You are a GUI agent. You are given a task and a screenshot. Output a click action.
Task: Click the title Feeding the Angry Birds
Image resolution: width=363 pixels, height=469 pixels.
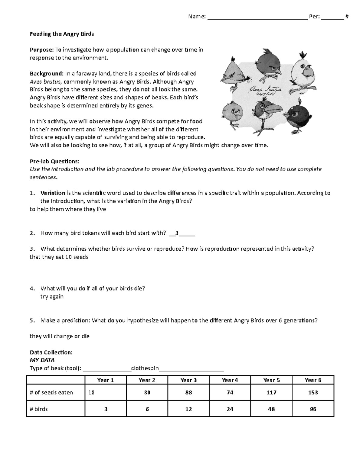coord(62,34)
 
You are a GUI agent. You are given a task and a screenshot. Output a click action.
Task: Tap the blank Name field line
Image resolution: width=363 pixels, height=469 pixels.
coord(257,17)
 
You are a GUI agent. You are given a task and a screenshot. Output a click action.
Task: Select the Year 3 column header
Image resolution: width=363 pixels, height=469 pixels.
coord(188,380)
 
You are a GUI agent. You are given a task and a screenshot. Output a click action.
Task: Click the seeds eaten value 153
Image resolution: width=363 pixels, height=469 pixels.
coord(313,393)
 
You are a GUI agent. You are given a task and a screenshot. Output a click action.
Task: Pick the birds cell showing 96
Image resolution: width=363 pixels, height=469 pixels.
coord(313,409)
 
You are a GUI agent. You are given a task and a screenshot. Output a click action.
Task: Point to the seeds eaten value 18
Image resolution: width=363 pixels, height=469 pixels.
coord(91,393)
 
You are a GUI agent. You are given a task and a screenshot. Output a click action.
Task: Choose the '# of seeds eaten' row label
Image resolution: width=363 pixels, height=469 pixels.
coord(51,393)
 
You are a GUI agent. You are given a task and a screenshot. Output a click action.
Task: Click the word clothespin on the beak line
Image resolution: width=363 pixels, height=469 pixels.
coord(145,368)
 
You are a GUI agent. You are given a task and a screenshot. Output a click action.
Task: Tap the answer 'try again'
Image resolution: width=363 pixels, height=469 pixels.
coord(52,297)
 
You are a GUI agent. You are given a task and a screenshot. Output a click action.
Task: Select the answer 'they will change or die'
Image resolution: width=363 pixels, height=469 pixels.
coord(60,336)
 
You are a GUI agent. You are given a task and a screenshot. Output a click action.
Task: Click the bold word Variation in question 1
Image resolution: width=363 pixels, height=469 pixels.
coord(53,193)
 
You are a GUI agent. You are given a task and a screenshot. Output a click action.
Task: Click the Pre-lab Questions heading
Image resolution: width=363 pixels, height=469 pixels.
coord(54,161)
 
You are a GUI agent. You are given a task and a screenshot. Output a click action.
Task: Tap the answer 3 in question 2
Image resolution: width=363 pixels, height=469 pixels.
coord(177,233)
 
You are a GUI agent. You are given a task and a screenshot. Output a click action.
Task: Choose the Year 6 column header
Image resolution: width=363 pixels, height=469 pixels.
coord(313,380)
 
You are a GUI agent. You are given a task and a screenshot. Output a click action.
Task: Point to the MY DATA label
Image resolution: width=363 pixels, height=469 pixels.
coord(42,360)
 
